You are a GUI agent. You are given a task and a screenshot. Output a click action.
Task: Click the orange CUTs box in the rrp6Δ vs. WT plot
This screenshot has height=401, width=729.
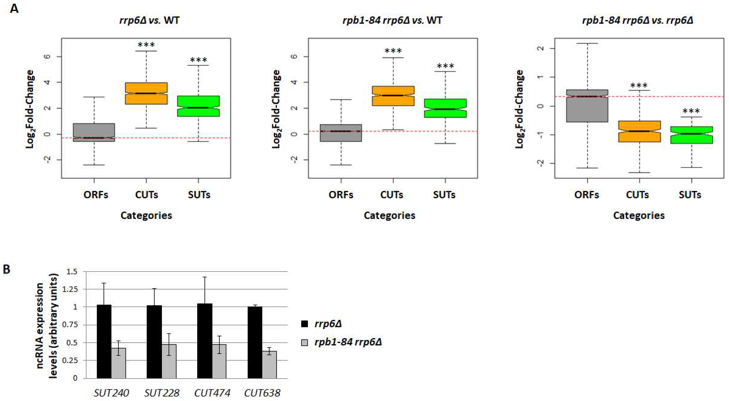tap(146, 93)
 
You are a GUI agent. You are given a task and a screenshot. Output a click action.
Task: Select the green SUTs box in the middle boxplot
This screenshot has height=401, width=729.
tap(445, 108)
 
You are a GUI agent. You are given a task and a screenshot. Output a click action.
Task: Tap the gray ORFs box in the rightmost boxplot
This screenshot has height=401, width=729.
tap(588, 106)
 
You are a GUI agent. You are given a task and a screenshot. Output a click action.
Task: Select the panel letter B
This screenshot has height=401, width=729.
tap(6, 269)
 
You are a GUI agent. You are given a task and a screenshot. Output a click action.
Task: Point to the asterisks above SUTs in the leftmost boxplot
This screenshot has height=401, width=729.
tap(198, 60)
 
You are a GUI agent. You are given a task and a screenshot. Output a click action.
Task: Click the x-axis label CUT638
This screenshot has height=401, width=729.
tap(262, 393)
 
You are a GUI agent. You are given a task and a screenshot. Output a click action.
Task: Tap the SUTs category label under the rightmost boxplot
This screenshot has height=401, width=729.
tap(690, 194)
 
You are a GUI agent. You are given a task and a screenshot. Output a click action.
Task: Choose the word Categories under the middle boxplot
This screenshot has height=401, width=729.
tap(389, 216)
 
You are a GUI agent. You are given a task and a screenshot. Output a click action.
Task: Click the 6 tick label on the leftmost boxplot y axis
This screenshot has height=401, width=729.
tap(48, 56)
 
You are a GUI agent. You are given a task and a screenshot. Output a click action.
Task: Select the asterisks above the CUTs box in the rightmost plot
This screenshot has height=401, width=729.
tap(639, 85)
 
